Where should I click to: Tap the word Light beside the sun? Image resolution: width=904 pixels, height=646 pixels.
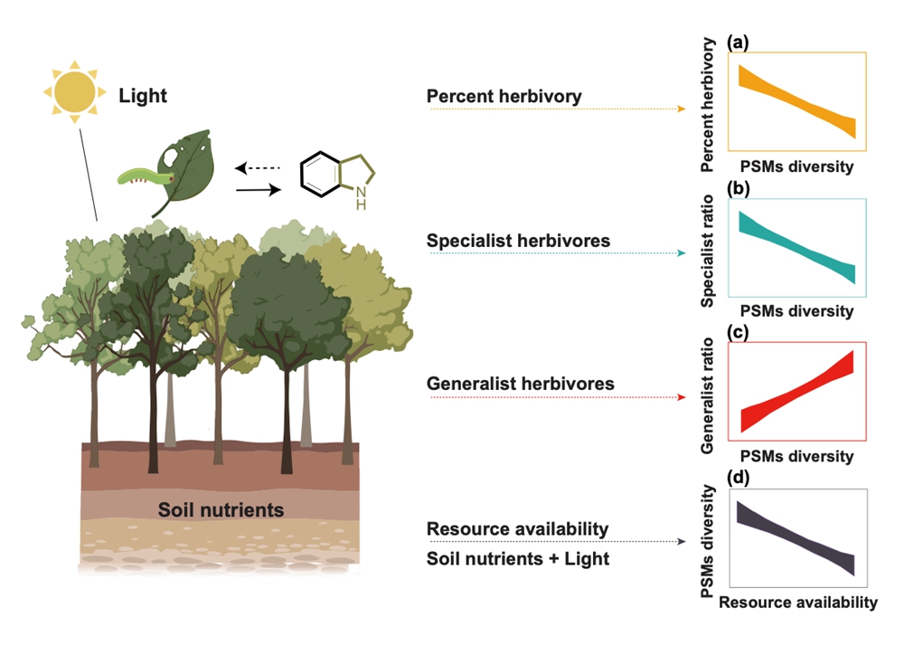143,95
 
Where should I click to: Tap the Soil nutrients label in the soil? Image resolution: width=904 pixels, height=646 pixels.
221,510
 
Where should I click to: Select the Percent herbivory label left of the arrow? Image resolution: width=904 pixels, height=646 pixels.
504,96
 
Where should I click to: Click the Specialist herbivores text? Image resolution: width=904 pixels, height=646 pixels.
518,241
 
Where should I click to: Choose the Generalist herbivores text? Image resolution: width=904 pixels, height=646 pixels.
520,384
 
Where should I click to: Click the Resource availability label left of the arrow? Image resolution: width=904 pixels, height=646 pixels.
517,528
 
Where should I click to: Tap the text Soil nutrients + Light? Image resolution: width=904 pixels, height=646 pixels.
517,558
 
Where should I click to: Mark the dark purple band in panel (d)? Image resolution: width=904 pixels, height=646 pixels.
796,537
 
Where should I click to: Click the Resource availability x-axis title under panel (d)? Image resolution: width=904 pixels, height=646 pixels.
798,602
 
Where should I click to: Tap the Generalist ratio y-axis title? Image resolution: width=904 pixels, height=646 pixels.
711,396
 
